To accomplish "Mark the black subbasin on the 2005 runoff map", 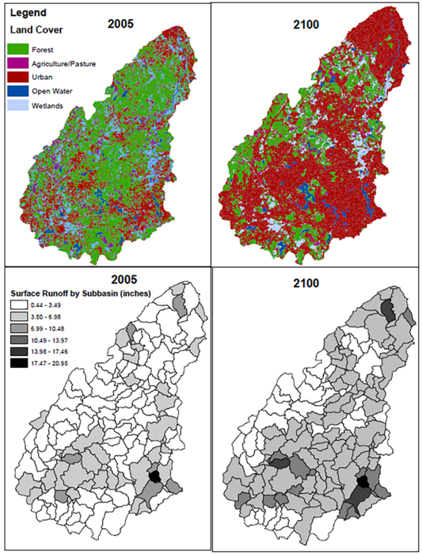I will (155, 476).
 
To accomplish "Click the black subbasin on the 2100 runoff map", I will (363, 480).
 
